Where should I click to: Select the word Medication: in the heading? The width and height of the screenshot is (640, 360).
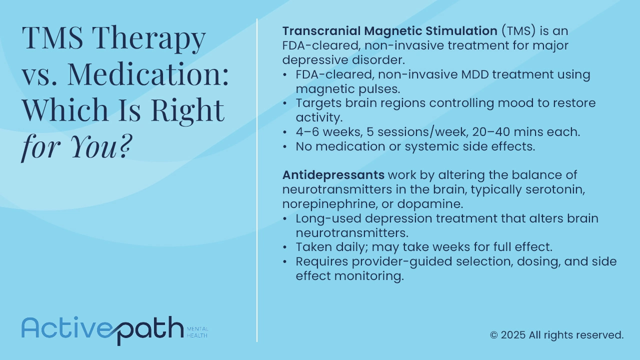click(147, 74)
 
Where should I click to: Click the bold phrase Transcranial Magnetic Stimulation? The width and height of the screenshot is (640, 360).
click(389, 31)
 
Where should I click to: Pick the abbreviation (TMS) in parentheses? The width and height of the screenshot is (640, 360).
click(518, 31)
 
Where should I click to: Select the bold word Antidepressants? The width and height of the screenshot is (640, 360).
click(333, 175)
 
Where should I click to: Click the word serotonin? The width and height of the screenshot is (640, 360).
click(555, 189)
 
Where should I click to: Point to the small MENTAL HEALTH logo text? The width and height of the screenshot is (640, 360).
click(197, 332)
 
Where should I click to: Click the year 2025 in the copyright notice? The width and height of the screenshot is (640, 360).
click(513, 335)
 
